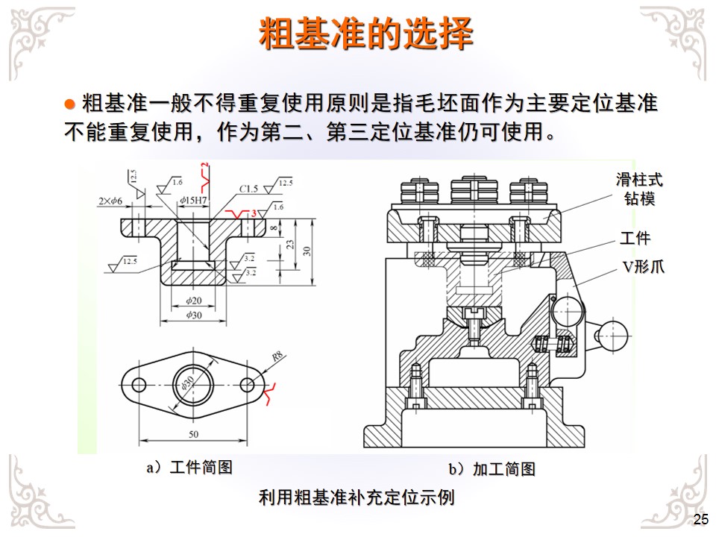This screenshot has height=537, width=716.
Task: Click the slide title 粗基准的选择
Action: click(365, 34)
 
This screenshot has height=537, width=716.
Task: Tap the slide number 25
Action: click(700, 520)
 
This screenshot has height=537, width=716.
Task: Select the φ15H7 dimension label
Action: click(194, 201)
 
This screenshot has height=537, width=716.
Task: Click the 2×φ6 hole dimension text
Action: click(110, 201)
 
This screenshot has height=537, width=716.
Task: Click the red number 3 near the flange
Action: click(254, 214)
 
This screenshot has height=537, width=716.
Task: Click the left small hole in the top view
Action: click(139, 384)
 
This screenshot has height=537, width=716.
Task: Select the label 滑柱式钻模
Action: click(638, 189)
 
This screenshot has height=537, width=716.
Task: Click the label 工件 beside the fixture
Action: click(635, 239)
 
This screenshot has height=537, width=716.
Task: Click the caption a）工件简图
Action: click(189, 467)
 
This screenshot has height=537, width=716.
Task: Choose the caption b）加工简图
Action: click(492, 469)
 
